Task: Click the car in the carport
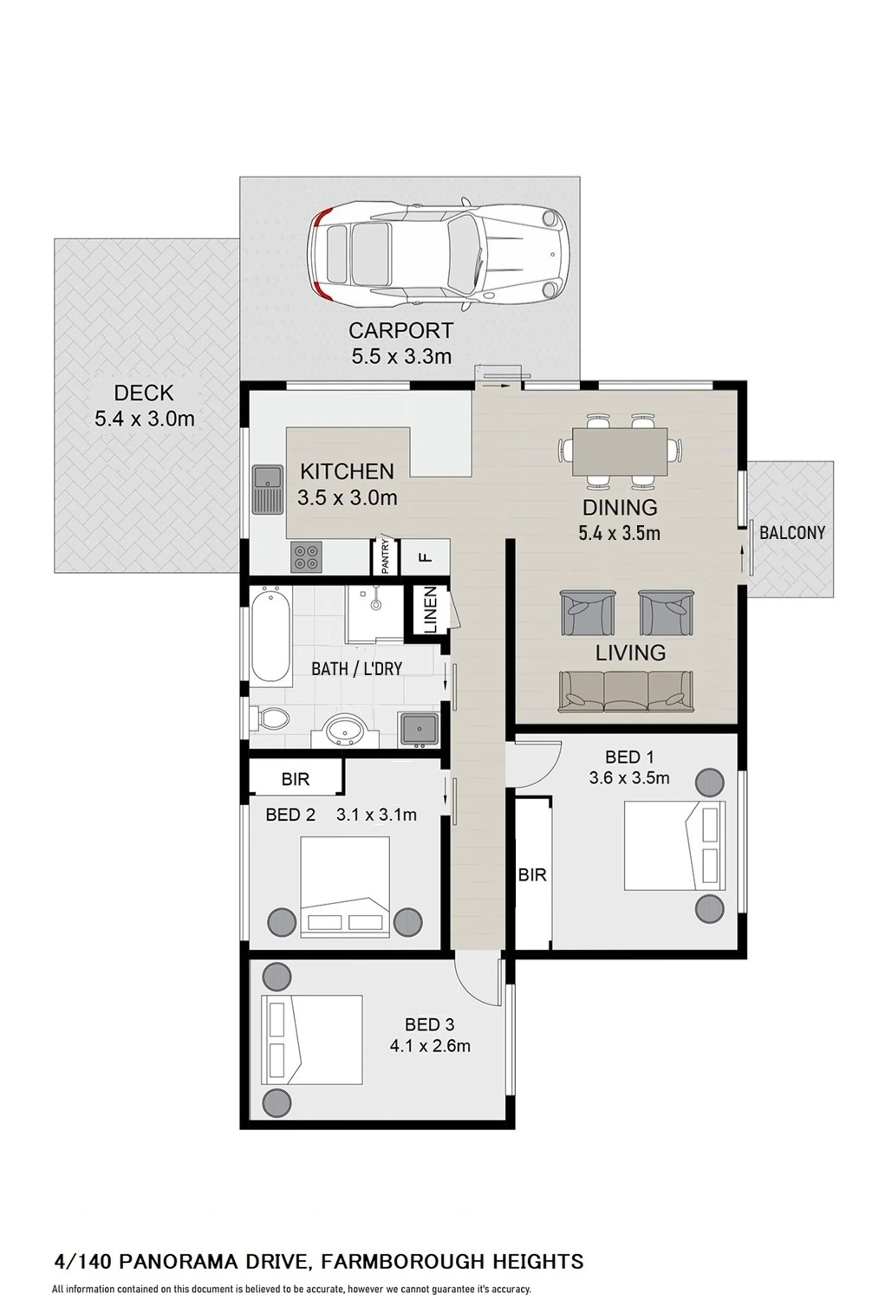point(441,254)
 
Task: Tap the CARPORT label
point(400,331)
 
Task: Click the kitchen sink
point(267,490)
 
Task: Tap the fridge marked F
point(425,557)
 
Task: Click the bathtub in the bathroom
point(271,637)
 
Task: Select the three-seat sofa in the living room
point(626,691)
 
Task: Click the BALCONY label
point(792,532)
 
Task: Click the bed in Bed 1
point(674,846)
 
